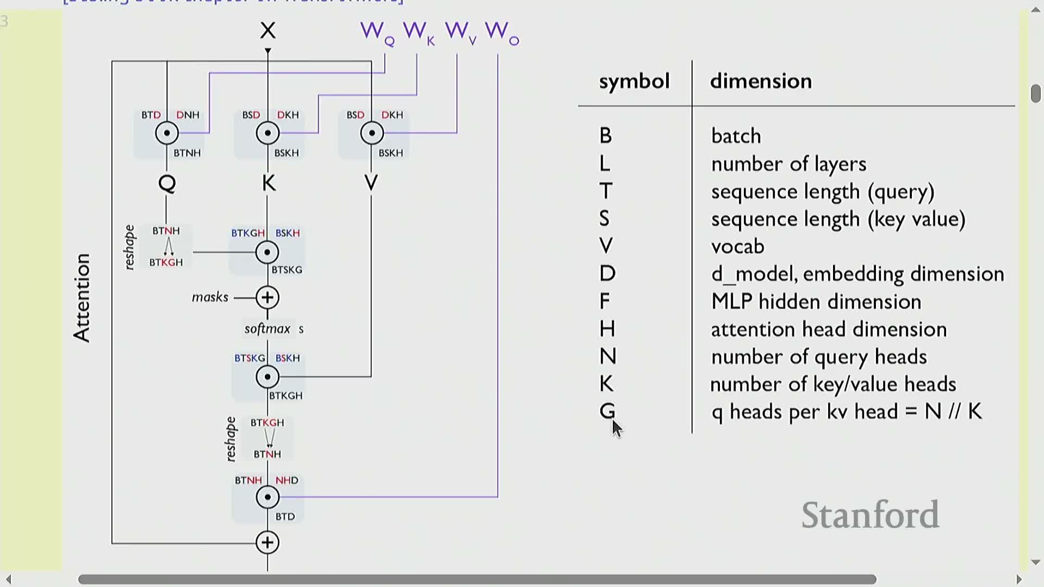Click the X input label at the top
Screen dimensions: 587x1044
(268, 30)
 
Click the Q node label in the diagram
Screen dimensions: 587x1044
(167, 183)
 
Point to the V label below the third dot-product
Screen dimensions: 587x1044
(371, 183)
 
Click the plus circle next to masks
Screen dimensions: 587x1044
(268, 297)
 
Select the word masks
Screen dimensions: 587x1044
(210, 297)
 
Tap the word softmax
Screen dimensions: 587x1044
(268, 329)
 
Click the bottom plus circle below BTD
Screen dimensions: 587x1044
(268, 542)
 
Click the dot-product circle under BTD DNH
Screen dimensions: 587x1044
(167, 133)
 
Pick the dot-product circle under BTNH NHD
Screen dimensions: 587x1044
(268, 497)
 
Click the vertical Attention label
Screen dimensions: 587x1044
(82, 298)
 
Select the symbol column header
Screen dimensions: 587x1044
(634, 81)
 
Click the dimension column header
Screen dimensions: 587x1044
(761, 81)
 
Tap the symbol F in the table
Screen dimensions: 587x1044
(605, 301)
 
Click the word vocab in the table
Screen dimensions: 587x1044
(737, 246)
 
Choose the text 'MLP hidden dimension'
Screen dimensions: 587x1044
(816, 302)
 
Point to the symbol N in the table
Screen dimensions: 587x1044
(607, 357)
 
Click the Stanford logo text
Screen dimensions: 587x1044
(870, 515)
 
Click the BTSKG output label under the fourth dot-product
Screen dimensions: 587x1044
(287, 270)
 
